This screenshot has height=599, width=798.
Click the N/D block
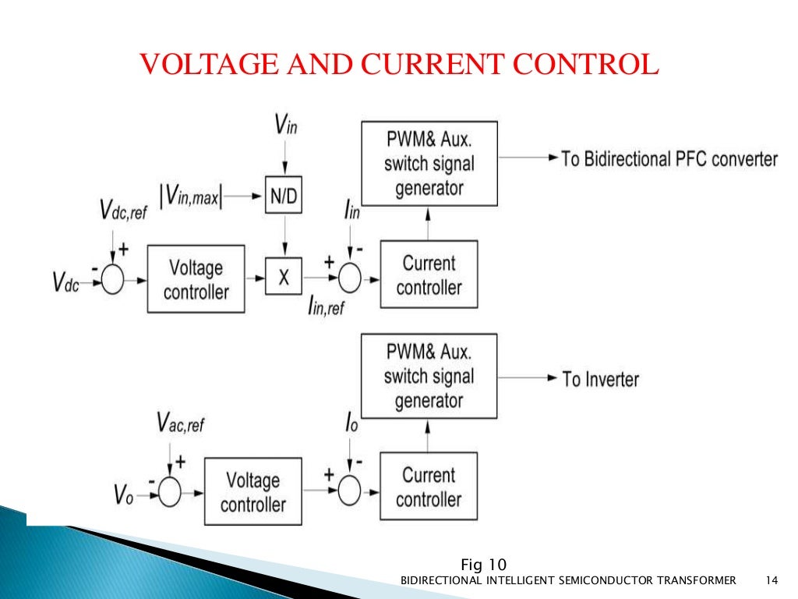[283, 198]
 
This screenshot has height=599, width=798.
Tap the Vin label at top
[285, 124]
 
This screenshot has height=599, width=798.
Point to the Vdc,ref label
[122, 211]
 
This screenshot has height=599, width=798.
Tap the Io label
[351, 424]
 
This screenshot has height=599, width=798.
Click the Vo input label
[124, 494]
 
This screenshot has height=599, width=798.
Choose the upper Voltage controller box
[196, 279]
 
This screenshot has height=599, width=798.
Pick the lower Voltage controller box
[252, 492]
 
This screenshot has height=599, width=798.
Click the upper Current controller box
[429, 275]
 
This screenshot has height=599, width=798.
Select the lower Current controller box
[429, 487]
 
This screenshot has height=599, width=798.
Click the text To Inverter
[600, 380]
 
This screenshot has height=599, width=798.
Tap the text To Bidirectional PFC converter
[669, 159]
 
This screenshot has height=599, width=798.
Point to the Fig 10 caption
[484, 564]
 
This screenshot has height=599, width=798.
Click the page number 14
[772, 580]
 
